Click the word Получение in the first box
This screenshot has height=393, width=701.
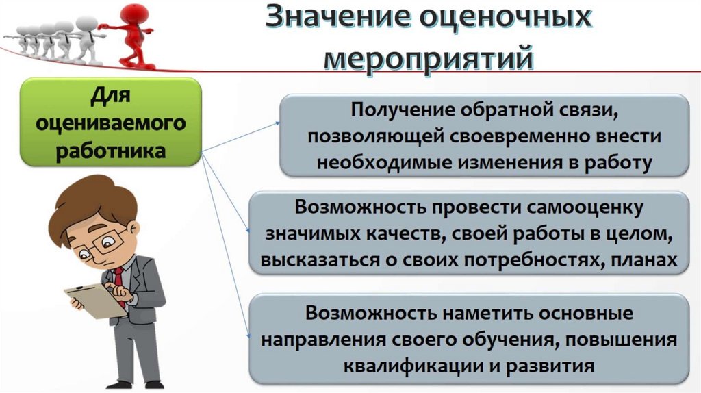pos(394,110)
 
